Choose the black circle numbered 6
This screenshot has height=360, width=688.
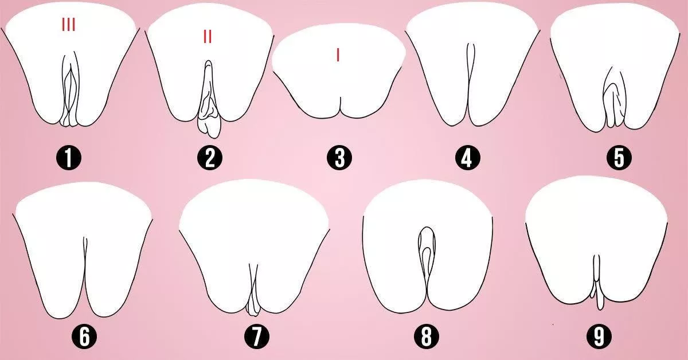[x=84, y=338]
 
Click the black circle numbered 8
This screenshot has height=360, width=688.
[x=426, y=338]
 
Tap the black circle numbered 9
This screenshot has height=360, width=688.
[x=599, y=338]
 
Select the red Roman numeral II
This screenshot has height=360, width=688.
[x=207, y=37]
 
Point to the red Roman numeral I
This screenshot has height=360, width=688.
[x=338, y=55]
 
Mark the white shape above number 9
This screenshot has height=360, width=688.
[x=573, y=241]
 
